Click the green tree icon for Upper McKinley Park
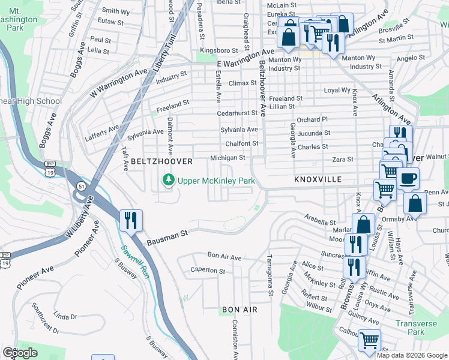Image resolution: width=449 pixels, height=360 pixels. pyautogui.click(x=169, y=180)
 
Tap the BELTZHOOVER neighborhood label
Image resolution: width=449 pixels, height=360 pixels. pyautogui.click(x=161, y=161)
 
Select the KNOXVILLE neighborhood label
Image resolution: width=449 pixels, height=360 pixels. pyautogui.click(x=318, y=179)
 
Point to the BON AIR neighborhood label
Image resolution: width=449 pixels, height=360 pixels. pyautogui.click(x=240, y=309)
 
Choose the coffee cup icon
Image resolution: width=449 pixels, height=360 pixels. pyautogui.click(x=408, y=178)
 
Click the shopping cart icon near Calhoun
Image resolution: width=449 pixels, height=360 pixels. pyautogui.click(x=369, y=341)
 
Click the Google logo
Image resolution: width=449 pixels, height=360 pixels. pyautogui.click(x=20, y=352)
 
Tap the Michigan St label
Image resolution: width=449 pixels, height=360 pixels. pyautogui.click(x=228, y=158)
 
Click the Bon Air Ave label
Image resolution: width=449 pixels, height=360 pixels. pyautogui.click(x=224, y=257)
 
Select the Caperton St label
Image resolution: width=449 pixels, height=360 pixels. pyautogui.click(x=207, y=271)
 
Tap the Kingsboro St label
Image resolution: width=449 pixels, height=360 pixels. pyautogui.click(x=219, y=50)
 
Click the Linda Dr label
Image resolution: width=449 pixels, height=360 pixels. pyautogui.click(x=66, y=316)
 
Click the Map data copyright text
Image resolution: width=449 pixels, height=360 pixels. pyautogui.click(x=412, y=355)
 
